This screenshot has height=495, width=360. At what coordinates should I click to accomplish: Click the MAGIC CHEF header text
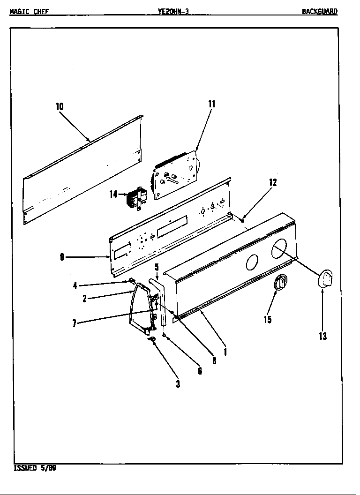29,12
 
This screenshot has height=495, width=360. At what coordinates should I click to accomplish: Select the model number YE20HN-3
173,12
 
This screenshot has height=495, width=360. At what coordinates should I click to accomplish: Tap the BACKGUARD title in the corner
319,12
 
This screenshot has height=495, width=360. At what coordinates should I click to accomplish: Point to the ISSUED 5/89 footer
35,468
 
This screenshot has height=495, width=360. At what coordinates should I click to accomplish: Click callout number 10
60,106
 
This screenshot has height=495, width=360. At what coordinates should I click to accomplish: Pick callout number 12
273,183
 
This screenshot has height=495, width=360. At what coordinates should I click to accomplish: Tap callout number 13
322,336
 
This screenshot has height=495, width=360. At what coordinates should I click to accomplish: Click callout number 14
113,194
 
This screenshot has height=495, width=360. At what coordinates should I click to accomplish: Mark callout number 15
268,320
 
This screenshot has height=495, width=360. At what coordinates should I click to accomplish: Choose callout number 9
62,257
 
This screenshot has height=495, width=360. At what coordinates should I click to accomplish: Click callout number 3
178,384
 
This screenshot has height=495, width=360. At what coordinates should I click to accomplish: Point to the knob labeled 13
325,278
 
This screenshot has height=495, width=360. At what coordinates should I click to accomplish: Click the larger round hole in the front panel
281,248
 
